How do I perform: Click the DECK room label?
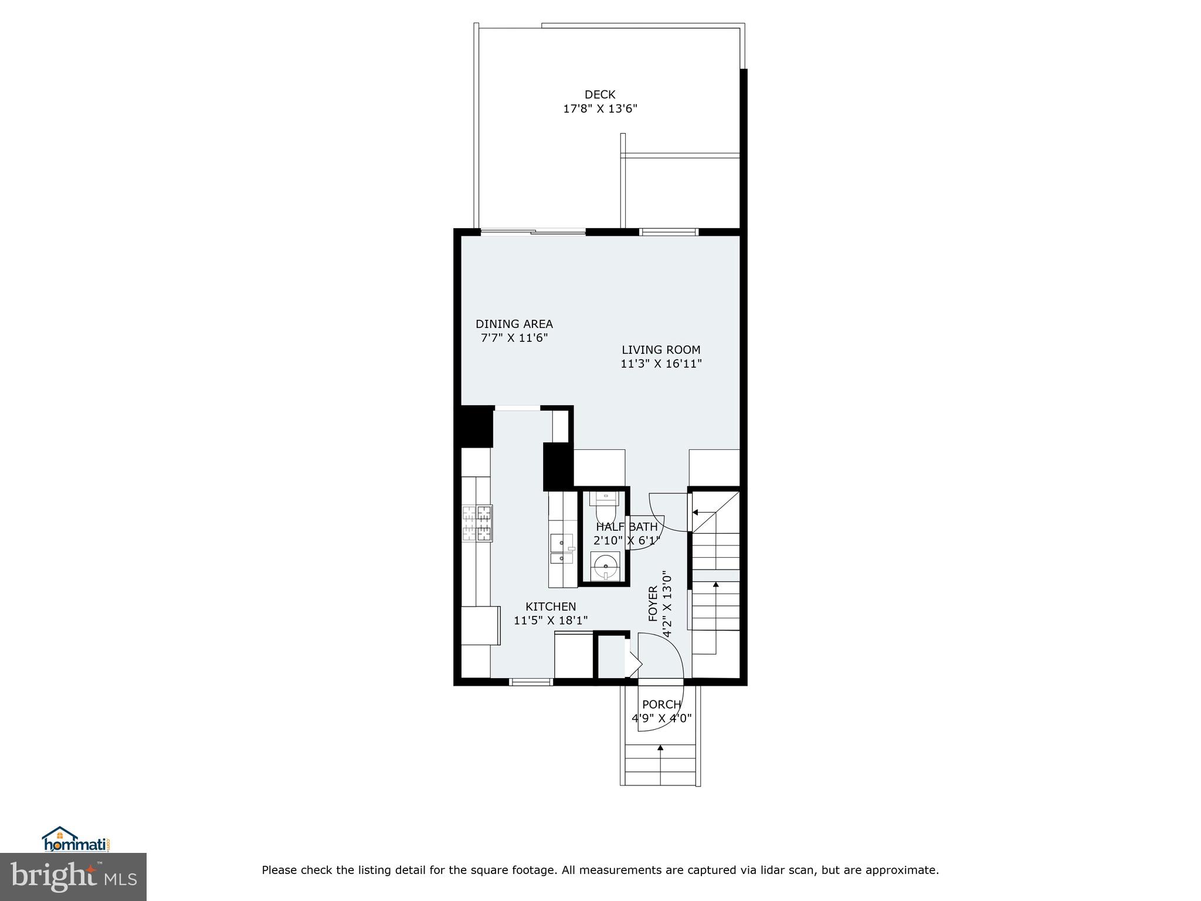[x=599, y=94]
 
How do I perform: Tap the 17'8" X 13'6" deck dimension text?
[x=599, y=109]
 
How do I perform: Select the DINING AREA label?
[x=514, y=324]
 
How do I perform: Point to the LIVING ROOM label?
[x=661, y=350]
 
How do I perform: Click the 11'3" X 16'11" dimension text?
[x=661, y=364]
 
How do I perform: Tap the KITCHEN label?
[x=550, y=607]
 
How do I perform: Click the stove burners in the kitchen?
[x=477, y=523]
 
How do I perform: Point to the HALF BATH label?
[x=626, y=527]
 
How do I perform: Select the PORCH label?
[x=661, y=704]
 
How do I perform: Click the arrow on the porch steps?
[x=660, y=748]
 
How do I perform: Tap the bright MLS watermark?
[x=73, y=877]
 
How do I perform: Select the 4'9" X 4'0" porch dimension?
[x=661, y=718]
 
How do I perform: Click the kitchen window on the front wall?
[x=531, y=682]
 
